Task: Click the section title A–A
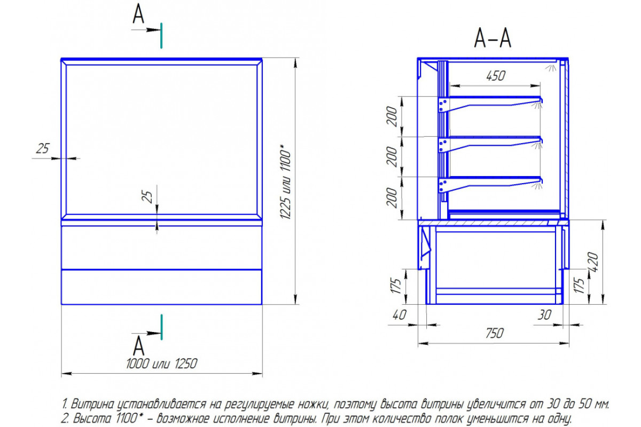(x=493, y=38)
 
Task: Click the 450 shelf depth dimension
(x=496, y=76)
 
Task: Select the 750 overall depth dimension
(x=495, y=334)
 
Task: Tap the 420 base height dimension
(x=593, y=262)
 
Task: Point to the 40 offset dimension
(x=399, y=315)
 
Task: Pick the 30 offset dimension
(x=544, y=315)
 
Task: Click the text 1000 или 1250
(x=162, y=364)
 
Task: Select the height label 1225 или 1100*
(x=285, y=182)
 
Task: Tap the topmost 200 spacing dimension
(x=392, y=116)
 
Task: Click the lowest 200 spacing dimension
(x=392, y=197)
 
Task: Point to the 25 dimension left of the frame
(x=43, y=148)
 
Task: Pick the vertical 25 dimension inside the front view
(x=147, y=196)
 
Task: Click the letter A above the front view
(x=138, y=13)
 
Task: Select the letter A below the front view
(x=139, y=345)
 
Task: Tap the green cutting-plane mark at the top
(x=161, y=36)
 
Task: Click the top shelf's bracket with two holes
(x=443, y=105)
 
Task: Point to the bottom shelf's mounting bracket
(x=443, y=186)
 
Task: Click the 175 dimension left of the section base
(x=396, y=286)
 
